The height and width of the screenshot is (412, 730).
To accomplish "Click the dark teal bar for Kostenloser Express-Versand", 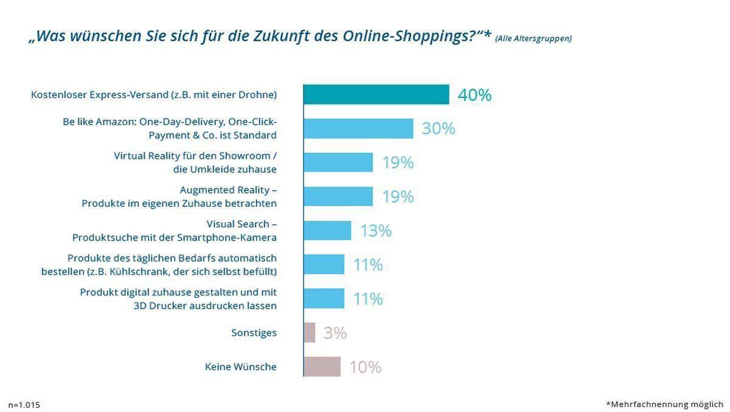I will pos(376,95).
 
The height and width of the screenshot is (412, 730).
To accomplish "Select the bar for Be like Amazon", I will pos(358,128).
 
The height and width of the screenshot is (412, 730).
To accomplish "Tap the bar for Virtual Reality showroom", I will pos(338,162).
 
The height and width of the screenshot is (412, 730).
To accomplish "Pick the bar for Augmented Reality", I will pos(338,197).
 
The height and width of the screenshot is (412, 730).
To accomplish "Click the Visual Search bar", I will pos(327,231).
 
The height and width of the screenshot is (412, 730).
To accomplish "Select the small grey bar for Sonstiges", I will pos(310,332).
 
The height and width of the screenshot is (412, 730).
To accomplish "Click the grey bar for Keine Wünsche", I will pos(322,366).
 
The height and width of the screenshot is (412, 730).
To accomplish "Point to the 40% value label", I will pos(474,95).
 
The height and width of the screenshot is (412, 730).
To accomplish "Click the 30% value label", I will pos(439,128).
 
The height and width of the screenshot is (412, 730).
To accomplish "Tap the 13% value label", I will pos(375,231).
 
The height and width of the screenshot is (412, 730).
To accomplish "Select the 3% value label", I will pos(335,333).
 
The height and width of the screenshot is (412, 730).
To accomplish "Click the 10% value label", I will pos(365,367).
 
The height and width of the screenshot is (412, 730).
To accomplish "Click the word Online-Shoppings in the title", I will pos(408,36).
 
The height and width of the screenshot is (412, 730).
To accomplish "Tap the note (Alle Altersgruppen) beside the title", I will pos(533,38).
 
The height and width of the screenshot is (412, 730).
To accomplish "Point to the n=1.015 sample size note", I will pos(24,405).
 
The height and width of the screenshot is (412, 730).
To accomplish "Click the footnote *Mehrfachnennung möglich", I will pos(664,404).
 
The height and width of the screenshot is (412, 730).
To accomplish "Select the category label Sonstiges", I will pos(254,333).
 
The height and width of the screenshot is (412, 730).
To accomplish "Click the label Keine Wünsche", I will pos(240,367).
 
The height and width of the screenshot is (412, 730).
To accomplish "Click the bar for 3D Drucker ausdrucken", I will pos(324,299).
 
